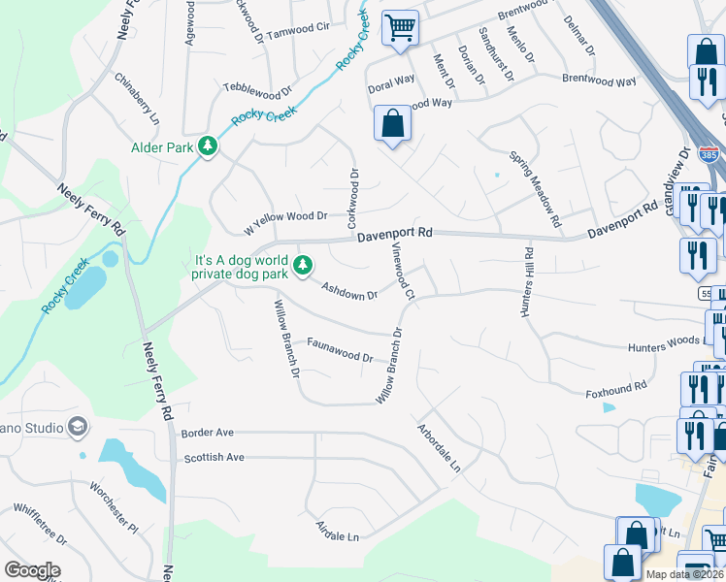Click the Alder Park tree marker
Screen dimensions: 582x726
tap(207, 146)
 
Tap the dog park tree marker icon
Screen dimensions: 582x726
tap(304, 264)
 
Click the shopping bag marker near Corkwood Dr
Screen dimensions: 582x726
tap(392, 124)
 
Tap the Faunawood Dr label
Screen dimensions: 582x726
tap(340, 349)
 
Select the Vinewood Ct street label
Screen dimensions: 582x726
tap(403, 271)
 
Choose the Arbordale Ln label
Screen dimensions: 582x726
tap(438, 447)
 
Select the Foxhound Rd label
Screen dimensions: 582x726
tap(615, 390)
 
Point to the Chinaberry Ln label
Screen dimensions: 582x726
tap(137, 99)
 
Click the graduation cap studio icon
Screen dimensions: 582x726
tap(77, 428)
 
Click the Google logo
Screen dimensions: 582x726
tap(32, 570)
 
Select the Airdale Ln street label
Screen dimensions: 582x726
tap(337, 532)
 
